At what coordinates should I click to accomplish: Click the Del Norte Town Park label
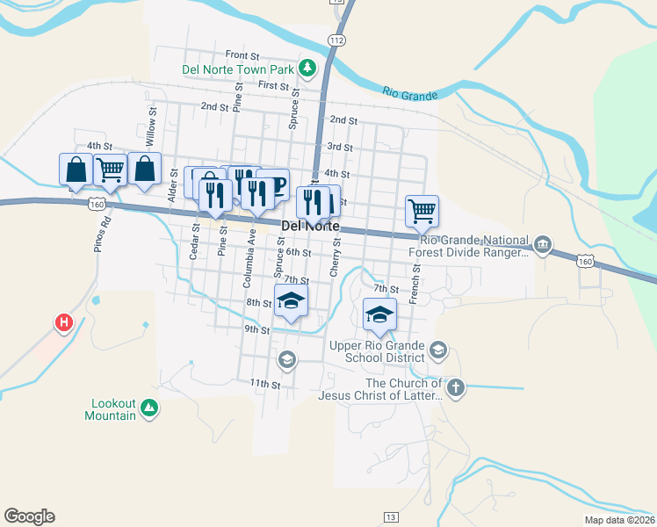(x=237, y=69)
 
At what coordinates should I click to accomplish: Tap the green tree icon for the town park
(x=307, y=67)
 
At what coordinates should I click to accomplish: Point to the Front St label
(x=242, y=54)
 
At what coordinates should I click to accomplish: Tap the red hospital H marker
(x=63, y=323)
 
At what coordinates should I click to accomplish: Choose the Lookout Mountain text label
(x=113, y=409)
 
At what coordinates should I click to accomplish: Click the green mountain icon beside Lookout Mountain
(x=149, y=408)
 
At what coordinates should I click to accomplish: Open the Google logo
(x=29, y=516)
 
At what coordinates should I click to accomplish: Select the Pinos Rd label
(x=100, y=236)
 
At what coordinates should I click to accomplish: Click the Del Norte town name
(x=310, y=226)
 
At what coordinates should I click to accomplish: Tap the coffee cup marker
(x=274, y=185)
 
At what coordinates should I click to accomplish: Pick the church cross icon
(x=455, y=387)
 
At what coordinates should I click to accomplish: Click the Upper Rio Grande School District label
(x=377, y=351)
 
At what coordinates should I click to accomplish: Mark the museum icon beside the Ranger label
(x=543, y=243)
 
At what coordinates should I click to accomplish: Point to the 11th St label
(x=264, y=385)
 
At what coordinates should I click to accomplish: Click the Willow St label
(x=152, y=126)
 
